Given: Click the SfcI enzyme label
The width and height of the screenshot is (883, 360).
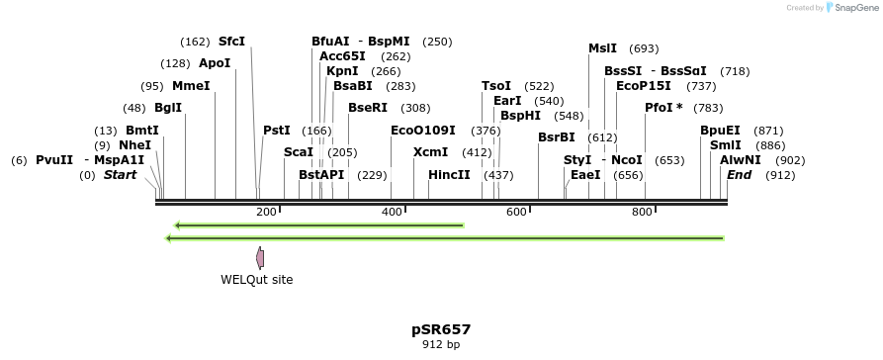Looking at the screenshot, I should (x=231, y=42).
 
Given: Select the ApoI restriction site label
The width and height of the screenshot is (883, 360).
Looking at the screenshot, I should (x=215, y=63).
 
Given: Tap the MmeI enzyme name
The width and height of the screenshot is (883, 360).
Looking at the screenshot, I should (x=191, y=86).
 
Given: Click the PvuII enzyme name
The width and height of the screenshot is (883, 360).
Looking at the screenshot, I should (x=54, y=160).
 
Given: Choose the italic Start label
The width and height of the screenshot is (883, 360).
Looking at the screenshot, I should (x=120, y=175).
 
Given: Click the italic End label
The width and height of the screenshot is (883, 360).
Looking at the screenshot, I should (x=739, y=175).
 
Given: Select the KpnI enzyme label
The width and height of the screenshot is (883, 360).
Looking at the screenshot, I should (x=342, y=71).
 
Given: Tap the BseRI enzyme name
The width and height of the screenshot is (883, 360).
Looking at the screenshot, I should (x=368, y=108).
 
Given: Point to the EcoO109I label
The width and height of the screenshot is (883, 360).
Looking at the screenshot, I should (x=423, y=131).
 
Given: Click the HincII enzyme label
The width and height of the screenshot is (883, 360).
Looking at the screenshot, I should (x=449, y=175).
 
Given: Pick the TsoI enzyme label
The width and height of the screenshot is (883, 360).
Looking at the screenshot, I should (x=496, y=86).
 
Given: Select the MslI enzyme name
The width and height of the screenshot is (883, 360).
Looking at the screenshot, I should (x=602, y=48).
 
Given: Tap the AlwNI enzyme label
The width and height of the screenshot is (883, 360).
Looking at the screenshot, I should (x=741, y=160).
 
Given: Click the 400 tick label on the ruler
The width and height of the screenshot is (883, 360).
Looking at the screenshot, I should (x=392, y=212).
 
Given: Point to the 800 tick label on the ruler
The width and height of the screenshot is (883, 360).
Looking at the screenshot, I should (x=642, y=212).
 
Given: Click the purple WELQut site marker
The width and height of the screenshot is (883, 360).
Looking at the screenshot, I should (x=260, y=258).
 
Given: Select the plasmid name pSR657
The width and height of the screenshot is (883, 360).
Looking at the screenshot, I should (x=441, y=329).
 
